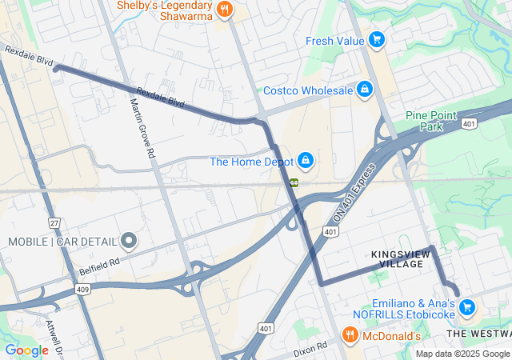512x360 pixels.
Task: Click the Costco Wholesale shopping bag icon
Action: tap(365, 90)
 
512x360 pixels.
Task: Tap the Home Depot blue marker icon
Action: tap(306, 161)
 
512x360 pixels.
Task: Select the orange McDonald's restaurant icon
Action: tap(349, 334)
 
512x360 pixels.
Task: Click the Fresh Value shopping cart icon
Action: tap(377, 40)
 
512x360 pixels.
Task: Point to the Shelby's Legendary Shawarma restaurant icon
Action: tap(226, 10)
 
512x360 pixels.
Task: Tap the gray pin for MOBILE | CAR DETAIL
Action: tap(129, 241)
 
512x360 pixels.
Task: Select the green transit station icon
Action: tap(294, 182)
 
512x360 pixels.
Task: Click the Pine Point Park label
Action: tap(424, 121)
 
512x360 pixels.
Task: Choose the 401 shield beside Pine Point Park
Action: tap(470, 123)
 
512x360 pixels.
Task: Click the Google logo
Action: tap(26, 350)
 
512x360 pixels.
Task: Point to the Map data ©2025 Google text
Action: tap(462, 354)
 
